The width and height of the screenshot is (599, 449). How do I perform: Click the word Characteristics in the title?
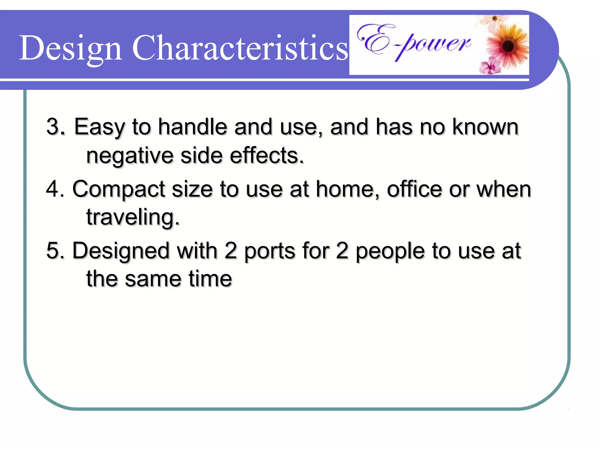point(240,48)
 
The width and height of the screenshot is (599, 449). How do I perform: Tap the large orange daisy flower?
point(508,46)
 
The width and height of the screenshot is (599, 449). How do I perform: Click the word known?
point(486,127)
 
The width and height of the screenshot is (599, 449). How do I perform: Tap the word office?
point(415,189)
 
